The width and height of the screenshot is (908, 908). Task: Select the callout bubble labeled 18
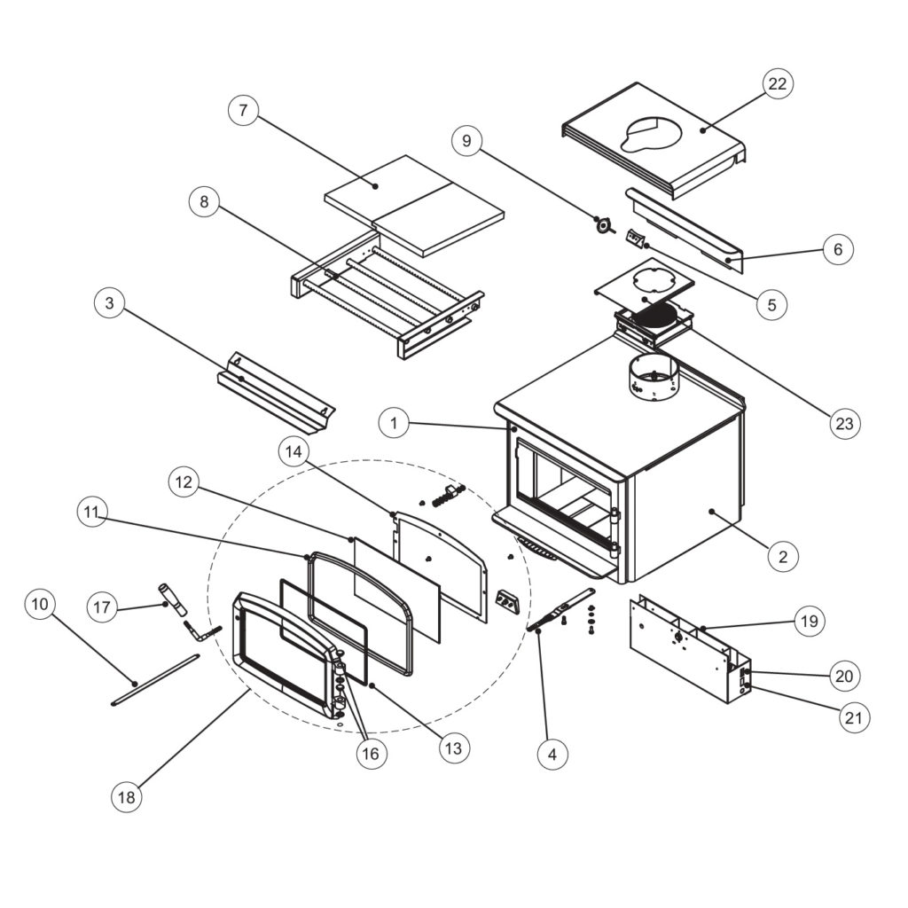(126, 797)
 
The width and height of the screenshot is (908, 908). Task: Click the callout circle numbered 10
(39, 605)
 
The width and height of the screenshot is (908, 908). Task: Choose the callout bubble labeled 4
(552, 755)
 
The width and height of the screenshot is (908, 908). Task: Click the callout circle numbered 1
(393, 423)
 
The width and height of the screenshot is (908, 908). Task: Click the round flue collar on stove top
(653, 379)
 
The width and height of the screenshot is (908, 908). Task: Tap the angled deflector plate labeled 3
(275, 390)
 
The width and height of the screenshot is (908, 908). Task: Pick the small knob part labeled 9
(604, 224)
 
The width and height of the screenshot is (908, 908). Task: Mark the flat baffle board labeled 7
(415, 204)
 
